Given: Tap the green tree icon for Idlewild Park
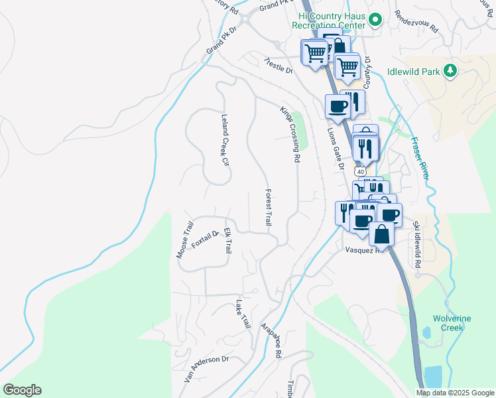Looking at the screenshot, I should (451, 70).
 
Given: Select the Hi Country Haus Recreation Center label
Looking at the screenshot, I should (332, 21).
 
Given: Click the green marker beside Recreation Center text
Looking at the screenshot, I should (375, 21).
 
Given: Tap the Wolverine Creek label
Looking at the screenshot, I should (452, 323).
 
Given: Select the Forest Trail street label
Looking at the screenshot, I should (269, 206).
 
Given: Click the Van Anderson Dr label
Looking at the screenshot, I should (206, 369).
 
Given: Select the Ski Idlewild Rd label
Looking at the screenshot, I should (417, 243).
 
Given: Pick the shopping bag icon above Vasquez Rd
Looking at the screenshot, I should (382, 233).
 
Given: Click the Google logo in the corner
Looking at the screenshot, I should (22, 390).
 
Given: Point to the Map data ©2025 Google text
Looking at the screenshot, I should (455, 393).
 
